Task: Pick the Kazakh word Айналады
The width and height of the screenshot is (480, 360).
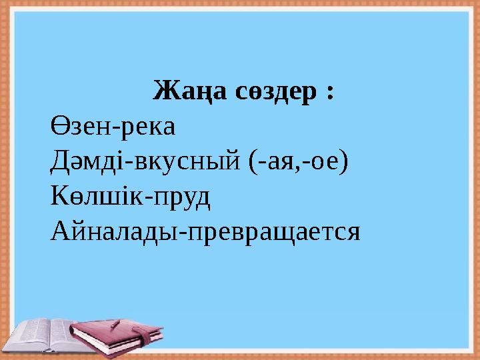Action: tap(111, 232)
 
